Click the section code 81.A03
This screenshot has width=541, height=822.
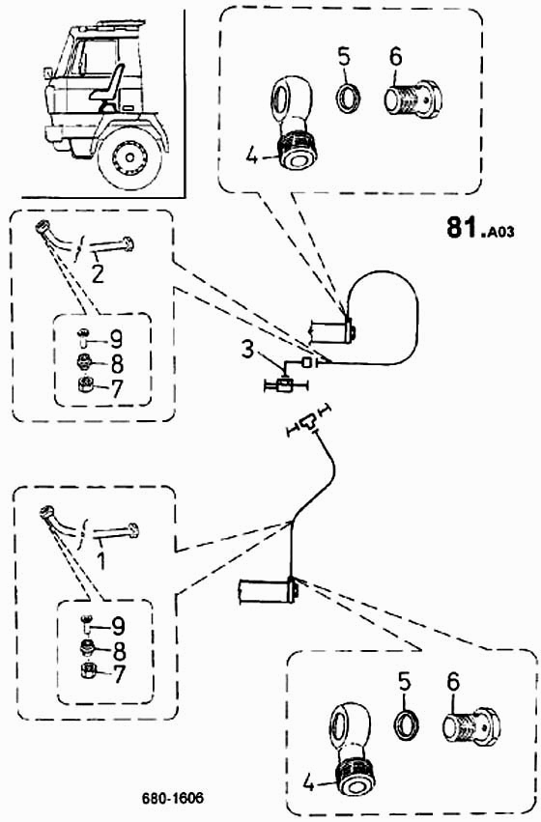coord(480,229)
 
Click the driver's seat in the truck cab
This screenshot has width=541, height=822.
coord(108,88)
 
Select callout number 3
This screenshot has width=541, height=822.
coord(248,350)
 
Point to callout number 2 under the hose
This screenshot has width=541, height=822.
coord(98,273)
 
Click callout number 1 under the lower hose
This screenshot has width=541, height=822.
coord(101,560)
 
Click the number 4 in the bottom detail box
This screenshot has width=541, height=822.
coord(308,783)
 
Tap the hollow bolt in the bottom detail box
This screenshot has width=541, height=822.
coord(470,726)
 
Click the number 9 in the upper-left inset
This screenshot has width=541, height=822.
coord(116,340)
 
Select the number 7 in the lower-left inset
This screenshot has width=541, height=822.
coord(120,674)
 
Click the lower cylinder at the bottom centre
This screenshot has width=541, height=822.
coord(269,592)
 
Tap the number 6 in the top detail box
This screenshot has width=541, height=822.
coord(396,57)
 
